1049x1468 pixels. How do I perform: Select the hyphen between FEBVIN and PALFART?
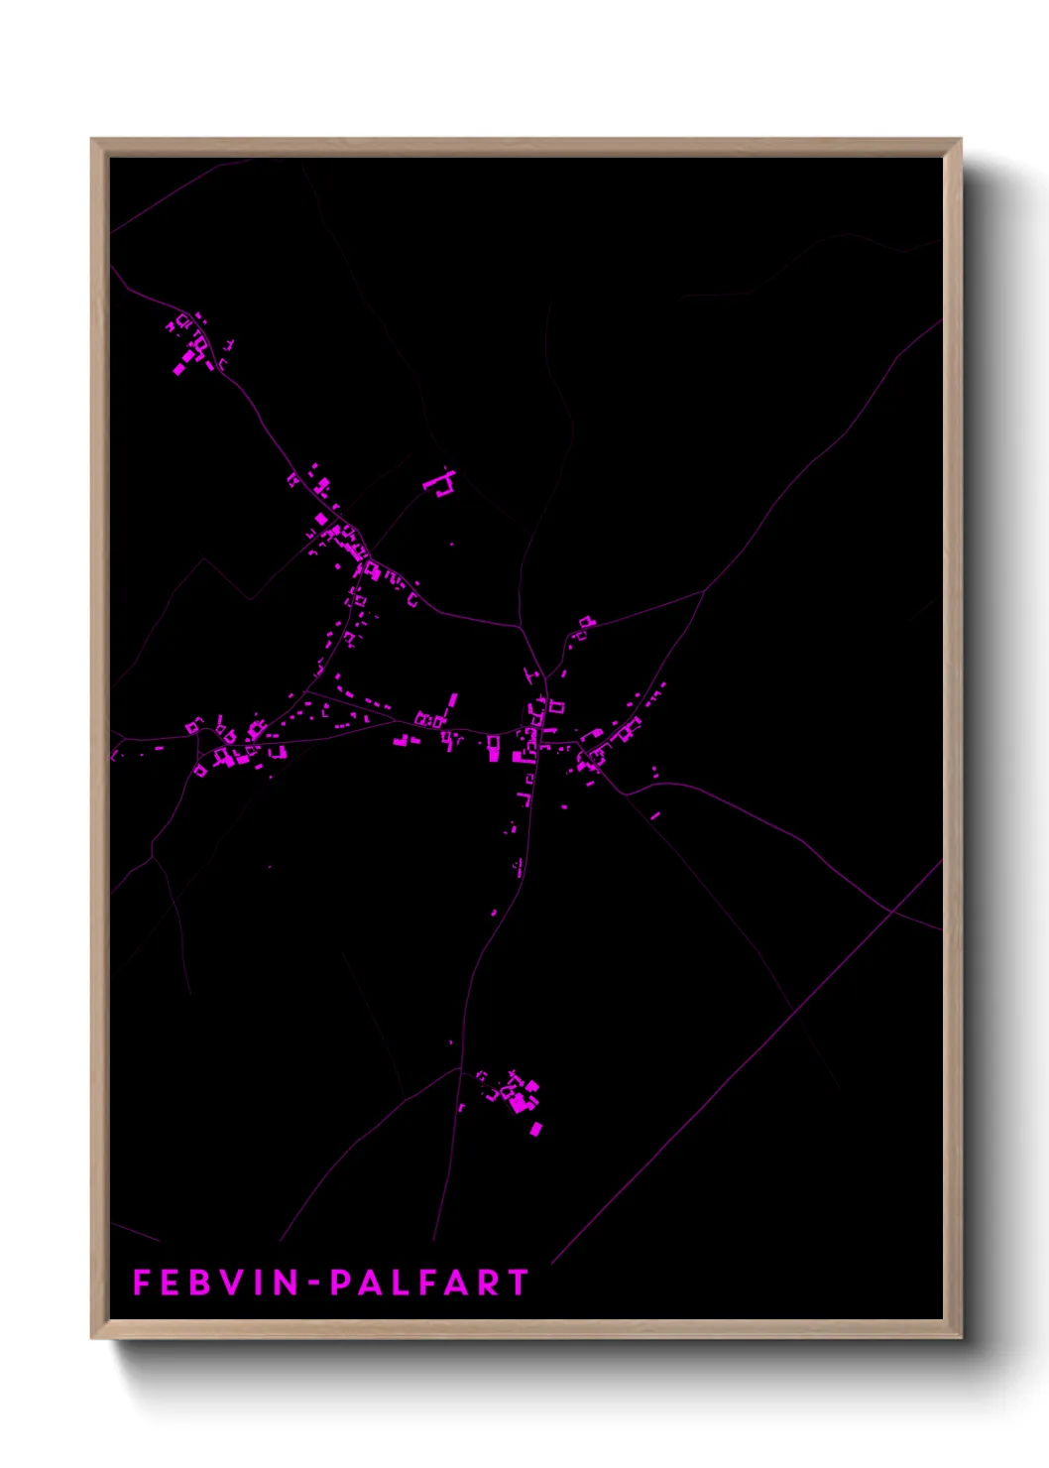click(x=313, y=1283)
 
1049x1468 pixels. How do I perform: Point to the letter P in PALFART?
click(x=340, y=1283)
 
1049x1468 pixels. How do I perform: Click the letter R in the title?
click(x=487, y=1283)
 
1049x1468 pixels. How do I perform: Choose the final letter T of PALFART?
click(x=518, y=1283)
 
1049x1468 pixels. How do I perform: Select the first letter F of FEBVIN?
click(x=141, y=1283)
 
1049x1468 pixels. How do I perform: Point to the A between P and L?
click(x=369, y=1283)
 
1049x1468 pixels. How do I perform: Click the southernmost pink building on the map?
click(x=536, y=1129)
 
